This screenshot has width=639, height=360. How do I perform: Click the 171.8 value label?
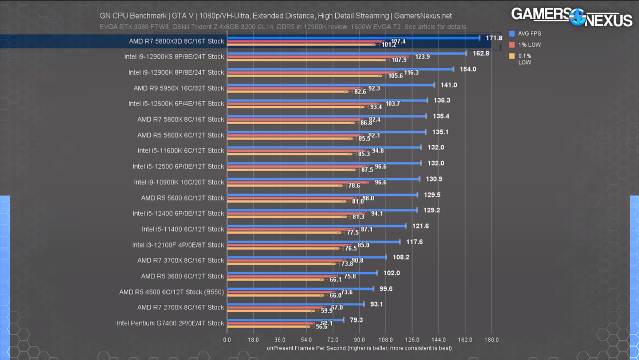pos(494,38)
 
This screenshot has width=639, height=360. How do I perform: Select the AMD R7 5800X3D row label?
pos(176,41)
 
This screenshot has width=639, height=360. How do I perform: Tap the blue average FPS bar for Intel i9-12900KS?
pos(346,54)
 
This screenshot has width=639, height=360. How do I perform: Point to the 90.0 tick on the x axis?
pos(359,340)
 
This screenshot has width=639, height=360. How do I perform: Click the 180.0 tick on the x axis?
pos(491,340)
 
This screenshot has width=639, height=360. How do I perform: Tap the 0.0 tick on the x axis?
pos(227,340)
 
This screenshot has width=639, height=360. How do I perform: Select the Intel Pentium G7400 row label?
pos(170,323)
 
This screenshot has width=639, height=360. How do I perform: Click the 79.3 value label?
pos(356,320)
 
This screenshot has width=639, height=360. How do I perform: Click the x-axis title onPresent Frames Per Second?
pos(359,348)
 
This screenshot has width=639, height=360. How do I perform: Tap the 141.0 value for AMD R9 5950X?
pos(449,85)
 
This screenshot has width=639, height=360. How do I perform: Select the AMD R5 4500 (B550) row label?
pos(171,292)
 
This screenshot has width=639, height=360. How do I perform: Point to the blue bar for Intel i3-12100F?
pos(313,242)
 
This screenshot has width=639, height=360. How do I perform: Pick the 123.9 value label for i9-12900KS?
pos(422,56)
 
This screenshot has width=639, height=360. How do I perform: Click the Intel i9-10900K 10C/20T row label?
pos(179,182)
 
